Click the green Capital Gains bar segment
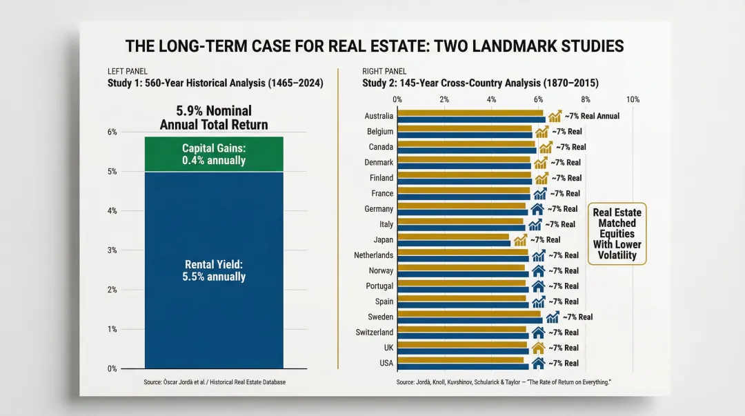(214, 154)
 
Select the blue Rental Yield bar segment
(214, 270)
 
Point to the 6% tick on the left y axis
(112, 132)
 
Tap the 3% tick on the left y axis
(112, 250)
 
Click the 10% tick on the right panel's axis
(632, 99)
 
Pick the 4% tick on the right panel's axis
(491, 99)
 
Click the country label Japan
(383, 239)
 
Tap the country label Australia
(379, 116)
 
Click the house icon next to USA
(538, 363)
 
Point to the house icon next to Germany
(537, 208)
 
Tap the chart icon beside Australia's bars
(555, 116)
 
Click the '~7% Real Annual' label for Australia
(591, 116)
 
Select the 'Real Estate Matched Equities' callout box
(617, 234)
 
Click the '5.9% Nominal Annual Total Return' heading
(214, 117)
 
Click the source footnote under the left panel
(214, 382)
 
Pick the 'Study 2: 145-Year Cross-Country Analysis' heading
(480, 83)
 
